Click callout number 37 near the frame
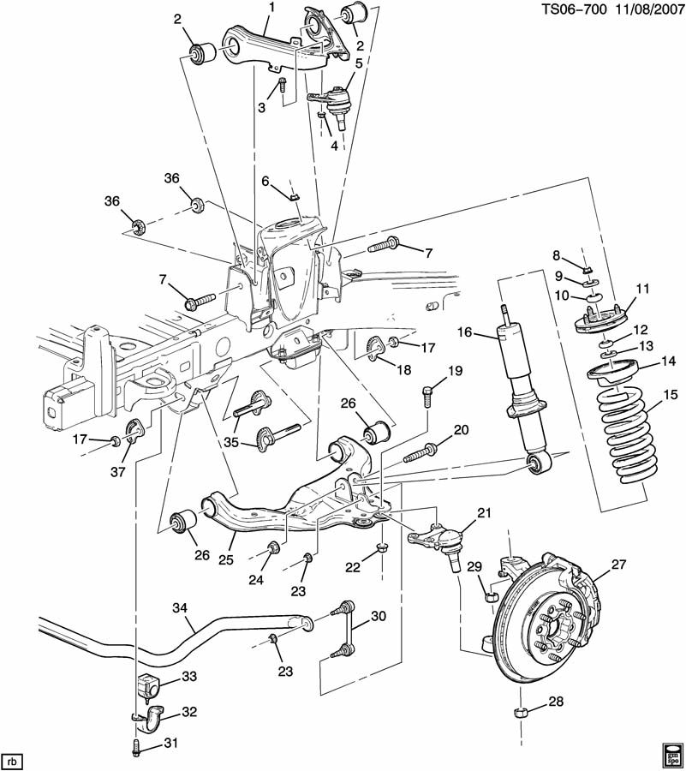[x=117, y=471]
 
